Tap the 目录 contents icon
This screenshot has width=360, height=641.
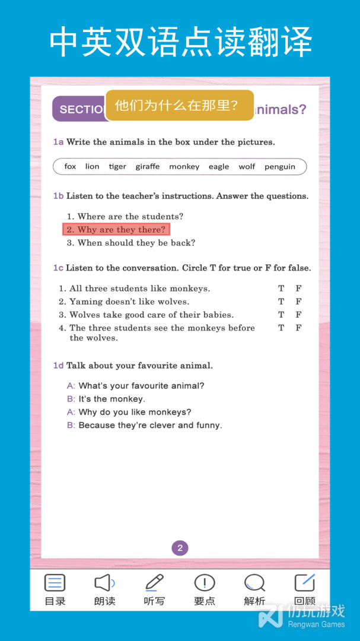55,583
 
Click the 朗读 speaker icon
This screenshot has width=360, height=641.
104,583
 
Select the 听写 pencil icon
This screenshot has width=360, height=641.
154,583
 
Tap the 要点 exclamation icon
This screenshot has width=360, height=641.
205,583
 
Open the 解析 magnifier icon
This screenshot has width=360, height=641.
254,583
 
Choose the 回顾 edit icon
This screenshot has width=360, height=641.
305,583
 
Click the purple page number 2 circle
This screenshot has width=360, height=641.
180,548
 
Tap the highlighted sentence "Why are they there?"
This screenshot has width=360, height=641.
116,230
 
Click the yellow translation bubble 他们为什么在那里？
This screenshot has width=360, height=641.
179,106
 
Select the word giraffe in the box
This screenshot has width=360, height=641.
147,167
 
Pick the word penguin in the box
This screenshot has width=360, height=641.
279,167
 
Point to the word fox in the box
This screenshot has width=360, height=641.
70,167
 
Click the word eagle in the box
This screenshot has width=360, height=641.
218,167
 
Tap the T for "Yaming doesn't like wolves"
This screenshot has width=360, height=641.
281,302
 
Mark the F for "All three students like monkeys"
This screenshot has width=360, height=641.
298,288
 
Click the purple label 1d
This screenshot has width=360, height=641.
58,366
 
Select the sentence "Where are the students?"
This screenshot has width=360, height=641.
125,217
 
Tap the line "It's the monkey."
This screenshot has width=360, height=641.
111,399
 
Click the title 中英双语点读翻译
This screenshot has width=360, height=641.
180,42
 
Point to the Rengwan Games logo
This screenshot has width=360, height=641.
302,616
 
